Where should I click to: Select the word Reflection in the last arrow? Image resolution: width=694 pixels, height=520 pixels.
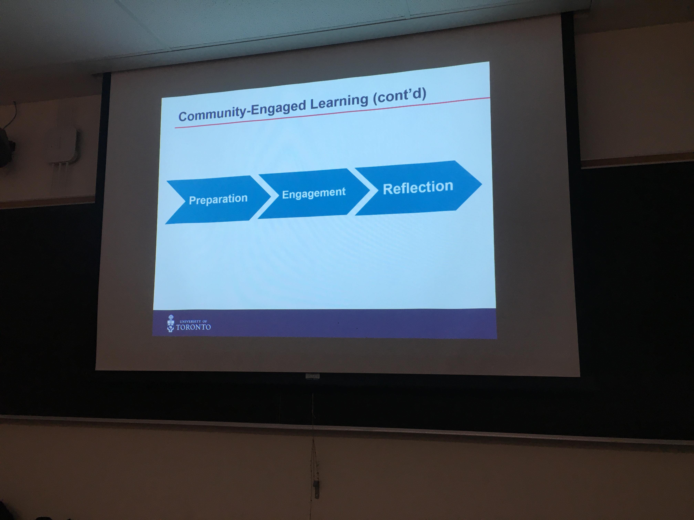pos(418,187)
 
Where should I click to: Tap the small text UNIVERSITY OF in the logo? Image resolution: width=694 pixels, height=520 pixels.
pos(193,321)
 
